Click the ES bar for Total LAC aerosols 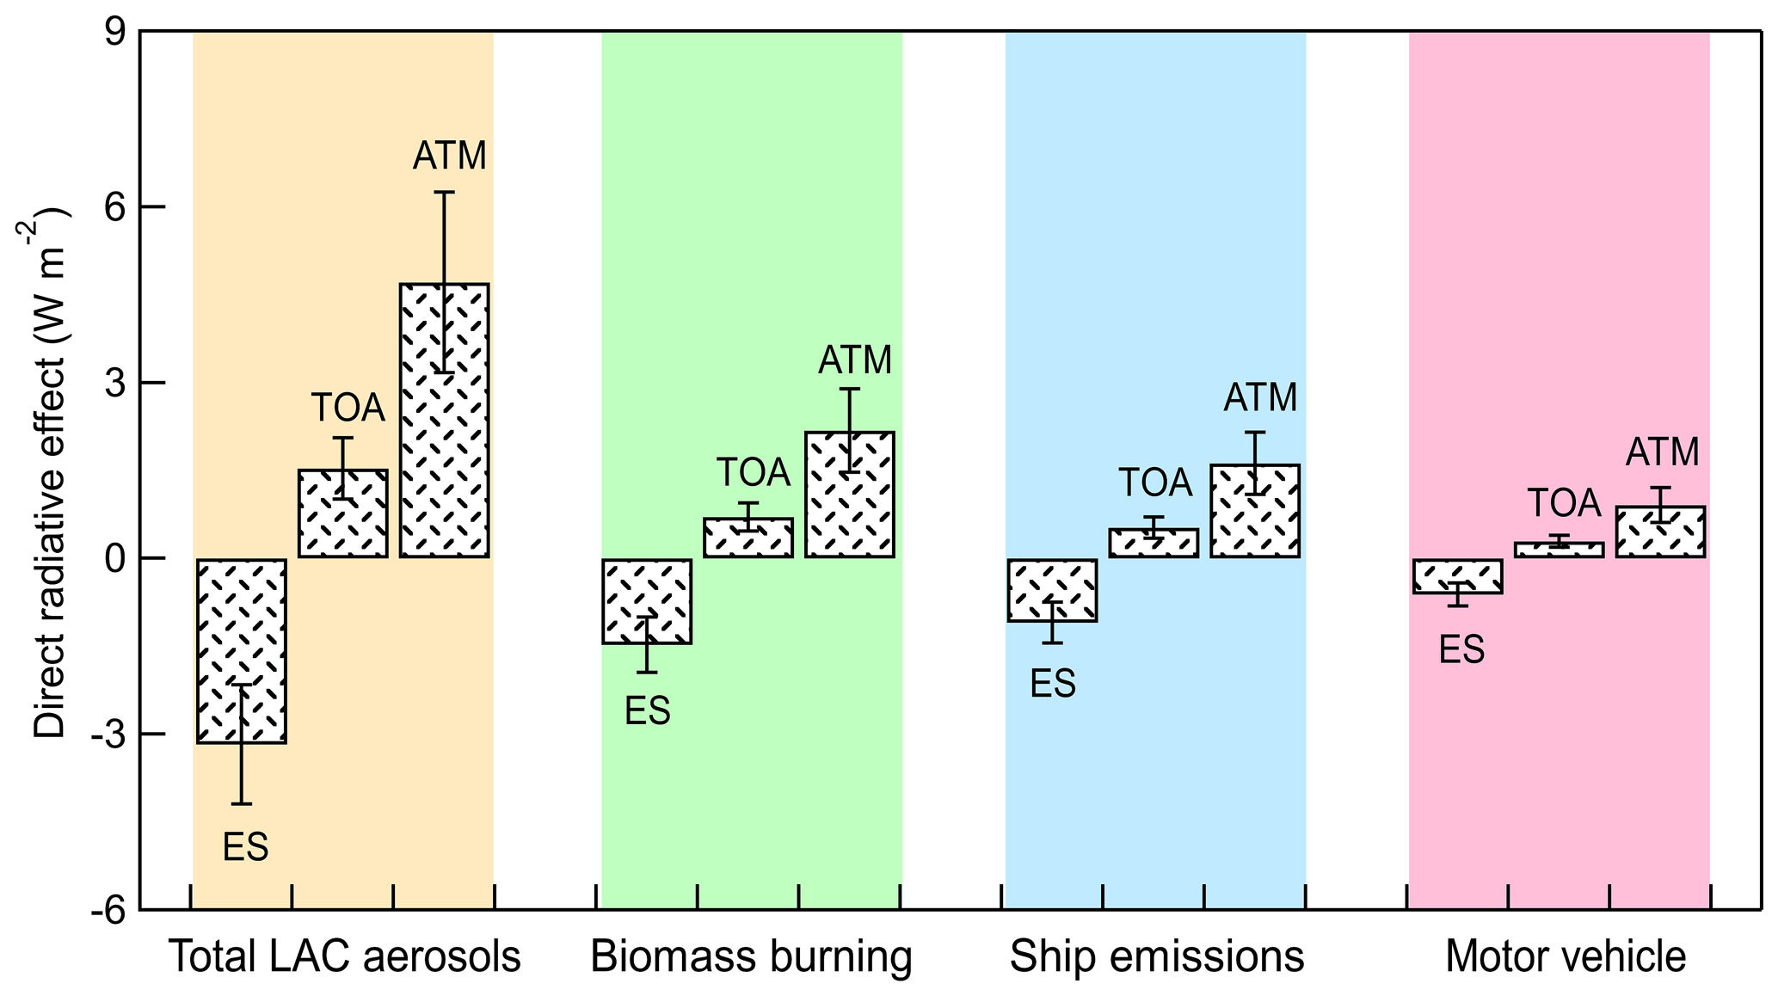pyautogui.click(x=242, y=650)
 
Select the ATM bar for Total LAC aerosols pyautogui.click(x=444, y=421)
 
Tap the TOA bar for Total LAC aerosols pyautogui.click(x=343, y=513)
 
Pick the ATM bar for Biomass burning pyautogui.click(x=850, y=495)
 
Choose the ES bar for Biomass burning pyautogui.click(x=647, y=601)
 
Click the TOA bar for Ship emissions pyautogui.click(x=1154, y=543)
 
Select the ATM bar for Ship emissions pyautogui.click(x=1255, y=511)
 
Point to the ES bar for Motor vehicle pyautogui.click(x=1458, y=576)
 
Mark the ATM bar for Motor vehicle pyautogui.click(x=1660, y=532)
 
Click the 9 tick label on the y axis pyautogui.click(x=114, y=33)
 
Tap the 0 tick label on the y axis pyautogui.click(x=114, y=559)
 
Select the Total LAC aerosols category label pyautogui.click(x=344, y=956)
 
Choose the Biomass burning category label pyautogui.click(x=751, y=956)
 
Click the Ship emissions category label pyautogui.click(x=1156, y=956)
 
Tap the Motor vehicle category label pyautogui.click(x=1565, y=956)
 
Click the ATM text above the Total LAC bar pyautogui.click(x=449, y=156)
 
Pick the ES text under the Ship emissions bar pyautogui.click(x=1053, y=684)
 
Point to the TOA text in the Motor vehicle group pyautogui.click(x=1564, y=503)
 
